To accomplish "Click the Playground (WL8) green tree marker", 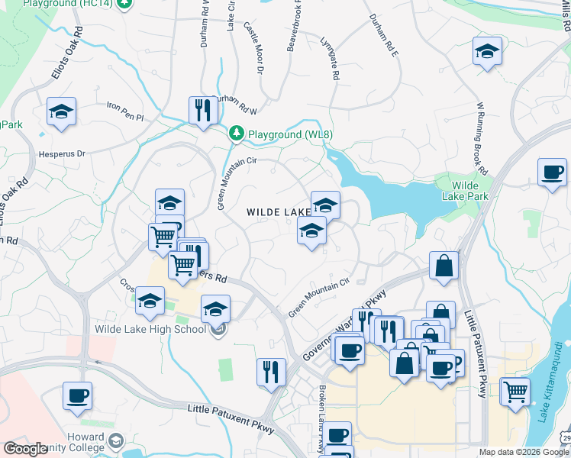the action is [237, 134].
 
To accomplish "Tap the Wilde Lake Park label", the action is [465, 191].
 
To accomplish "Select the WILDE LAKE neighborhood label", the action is [279, 211].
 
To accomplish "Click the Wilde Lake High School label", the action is [150, 329].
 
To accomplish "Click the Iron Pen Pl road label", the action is [125, 111].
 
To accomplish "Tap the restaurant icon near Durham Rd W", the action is [203, 111].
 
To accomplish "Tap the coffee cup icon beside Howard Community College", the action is [78, 395].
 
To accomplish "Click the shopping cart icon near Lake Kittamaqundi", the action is [516, 391].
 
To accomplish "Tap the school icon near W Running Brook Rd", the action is [487, 51].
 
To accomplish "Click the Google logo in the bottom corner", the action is [25, 449].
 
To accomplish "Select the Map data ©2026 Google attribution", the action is [524, 452].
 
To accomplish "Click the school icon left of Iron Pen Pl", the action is [61, 111].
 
